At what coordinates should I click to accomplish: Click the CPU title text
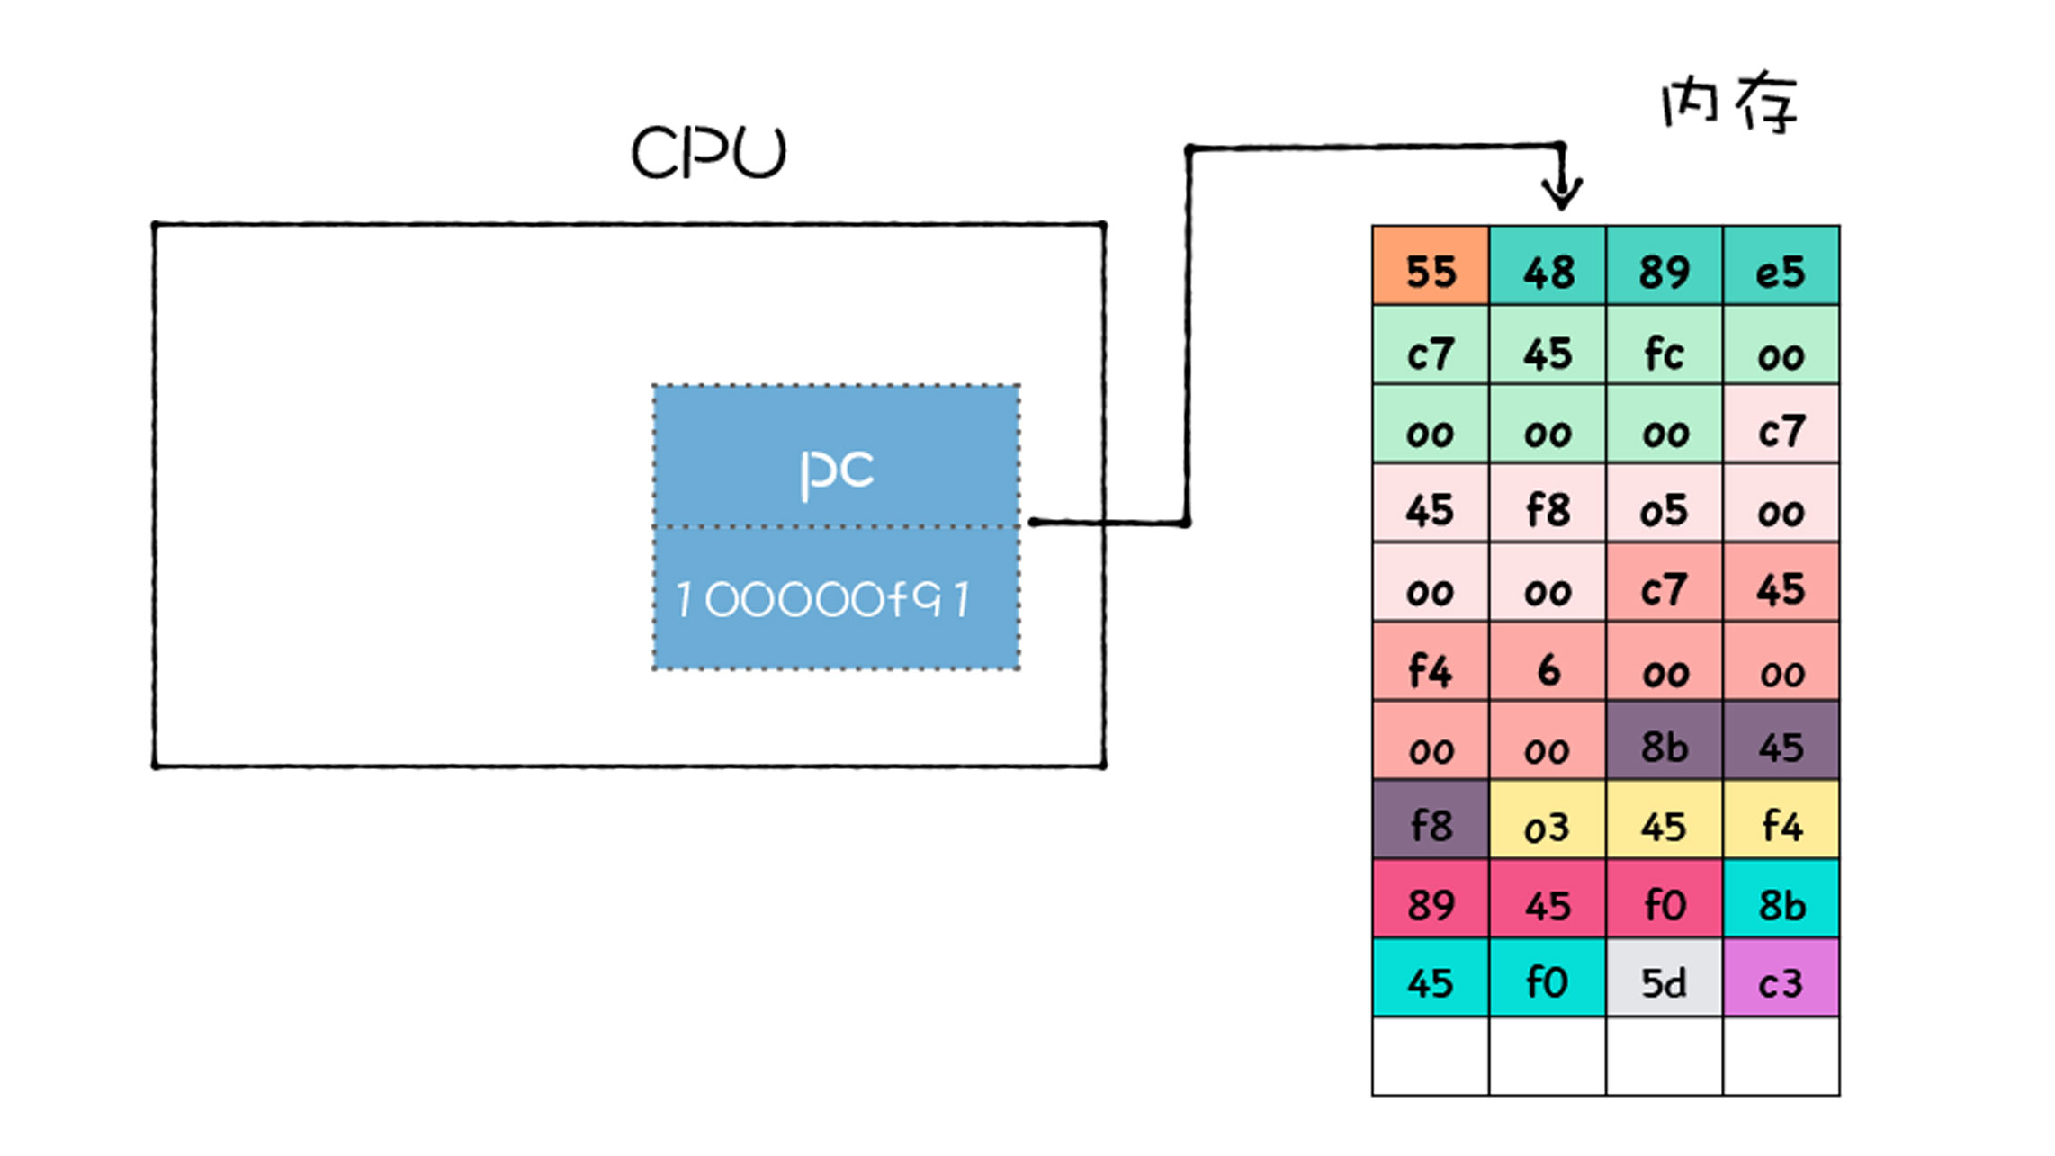tap(708, 153)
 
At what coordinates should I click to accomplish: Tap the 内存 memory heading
tap(1728, 103)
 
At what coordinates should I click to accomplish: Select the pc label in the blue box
tap(836, 470)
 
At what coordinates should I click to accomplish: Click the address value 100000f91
tap(823, 599)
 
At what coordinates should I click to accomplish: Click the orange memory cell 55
tap(1431, 266)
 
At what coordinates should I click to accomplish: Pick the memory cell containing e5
tap(1781, 266)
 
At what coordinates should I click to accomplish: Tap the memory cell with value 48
tap(1548, 266)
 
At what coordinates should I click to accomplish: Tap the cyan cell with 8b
tap(1781, 900)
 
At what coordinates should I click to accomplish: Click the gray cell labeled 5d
tap(1664, 979)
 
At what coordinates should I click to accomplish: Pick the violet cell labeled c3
tap(1781, 979)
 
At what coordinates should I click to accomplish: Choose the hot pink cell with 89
tap(1431, 900)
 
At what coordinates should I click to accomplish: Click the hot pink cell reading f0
tap(1664, 900)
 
